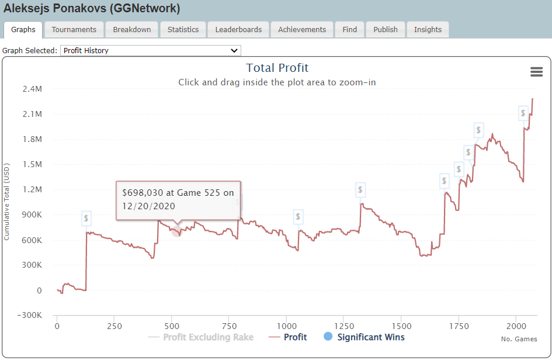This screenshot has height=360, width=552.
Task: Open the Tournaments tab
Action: [x=74, y=30]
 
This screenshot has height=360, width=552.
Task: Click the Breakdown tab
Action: [x=132, y=30]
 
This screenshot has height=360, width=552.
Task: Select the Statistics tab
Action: [x=183, y=30]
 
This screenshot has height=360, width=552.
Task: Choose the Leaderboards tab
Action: [x=238, y=30]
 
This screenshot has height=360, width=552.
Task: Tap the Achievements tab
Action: [x=302, y=30]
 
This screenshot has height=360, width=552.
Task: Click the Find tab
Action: [x=350, y=30]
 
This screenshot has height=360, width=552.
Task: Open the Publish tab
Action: [x=386, y=30]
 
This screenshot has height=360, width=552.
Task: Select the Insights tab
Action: [x=428, y=30]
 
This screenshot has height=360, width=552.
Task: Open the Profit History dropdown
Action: [x=151, y=51]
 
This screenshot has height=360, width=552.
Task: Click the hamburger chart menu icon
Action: [x=536, y=72]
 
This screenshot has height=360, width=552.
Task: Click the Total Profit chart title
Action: [x=277, y=68]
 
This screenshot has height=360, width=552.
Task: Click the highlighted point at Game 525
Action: [x=177, y=231]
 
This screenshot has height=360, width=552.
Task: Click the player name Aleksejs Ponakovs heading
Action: [x=92, y=9]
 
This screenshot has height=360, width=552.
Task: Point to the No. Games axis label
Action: [x=519, y=339]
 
